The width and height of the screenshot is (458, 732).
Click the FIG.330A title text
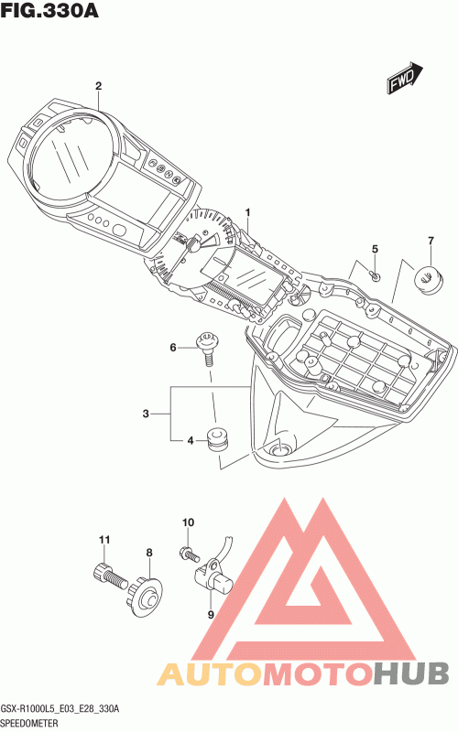[49, 11]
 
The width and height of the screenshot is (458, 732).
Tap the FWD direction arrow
[405, 78]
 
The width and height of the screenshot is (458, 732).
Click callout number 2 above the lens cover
[98, 86]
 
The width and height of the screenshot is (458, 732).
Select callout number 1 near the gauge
[247, 213]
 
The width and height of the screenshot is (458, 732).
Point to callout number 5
[375, 249]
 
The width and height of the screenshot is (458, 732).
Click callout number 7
[431, 241]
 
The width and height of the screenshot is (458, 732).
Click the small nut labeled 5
[376, 276]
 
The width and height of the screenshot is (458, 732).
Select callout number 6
[173, 348]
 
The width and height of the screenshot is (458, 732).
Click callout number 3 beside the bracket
[146, 414]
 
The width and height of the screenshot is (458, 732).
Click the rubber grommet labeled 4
[217, 438]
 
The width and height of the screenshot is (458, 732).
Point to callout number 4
[191, 440]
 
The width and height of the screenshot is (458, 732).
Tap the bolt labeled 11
[109, 576]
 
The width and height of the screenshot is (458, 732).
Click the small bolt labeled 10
[189, 554]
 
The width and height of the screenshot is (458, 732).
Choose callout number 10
[188, 522]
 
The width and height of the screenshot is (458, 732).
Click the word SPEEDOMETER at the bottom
[29, 723]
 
